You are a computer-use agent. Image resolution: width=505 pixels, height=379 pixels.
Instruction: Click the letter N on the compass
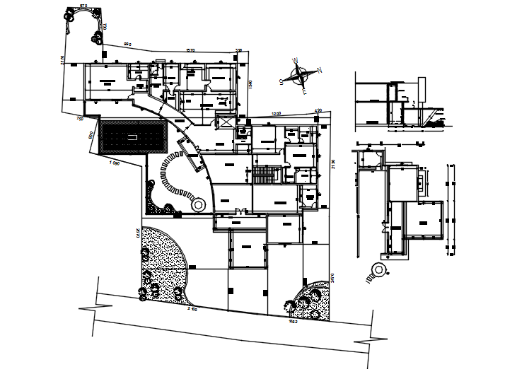coord(320,69)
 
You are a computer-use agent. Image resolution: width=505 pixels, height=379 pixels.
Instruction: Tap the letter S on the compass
coord(282,83)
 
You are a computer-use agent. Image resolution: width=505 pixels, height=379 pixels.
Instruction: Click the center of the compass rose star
coord(301,74)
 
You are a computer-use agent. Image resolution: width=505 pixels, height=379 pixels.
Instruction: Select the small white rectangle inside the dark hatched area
coord(132,136)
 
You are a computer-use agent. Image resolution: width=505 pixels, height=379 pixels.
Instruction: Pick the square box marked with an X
coord(226,122)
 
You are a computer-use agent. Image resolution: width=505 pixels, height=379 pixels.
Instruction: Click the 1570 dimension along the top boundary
coord(190,49)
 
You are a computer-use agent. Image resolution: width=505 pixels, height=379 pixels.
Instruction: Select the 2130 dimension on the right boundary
coord(332,167)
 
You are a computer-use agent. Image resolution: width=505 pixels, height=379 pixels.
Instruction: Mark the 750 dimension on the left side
coord(80,119)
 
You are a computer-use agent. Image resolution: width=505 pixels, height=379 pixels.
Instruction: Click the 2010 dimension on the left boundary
coord(136,233)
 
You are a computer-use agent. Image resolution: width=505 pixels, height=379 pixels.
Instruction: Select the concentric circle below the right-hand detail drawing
coord(380,270)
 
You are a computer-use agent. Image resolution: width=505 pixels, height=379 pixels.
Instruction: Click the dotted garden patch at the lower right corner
coord(311,301)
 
